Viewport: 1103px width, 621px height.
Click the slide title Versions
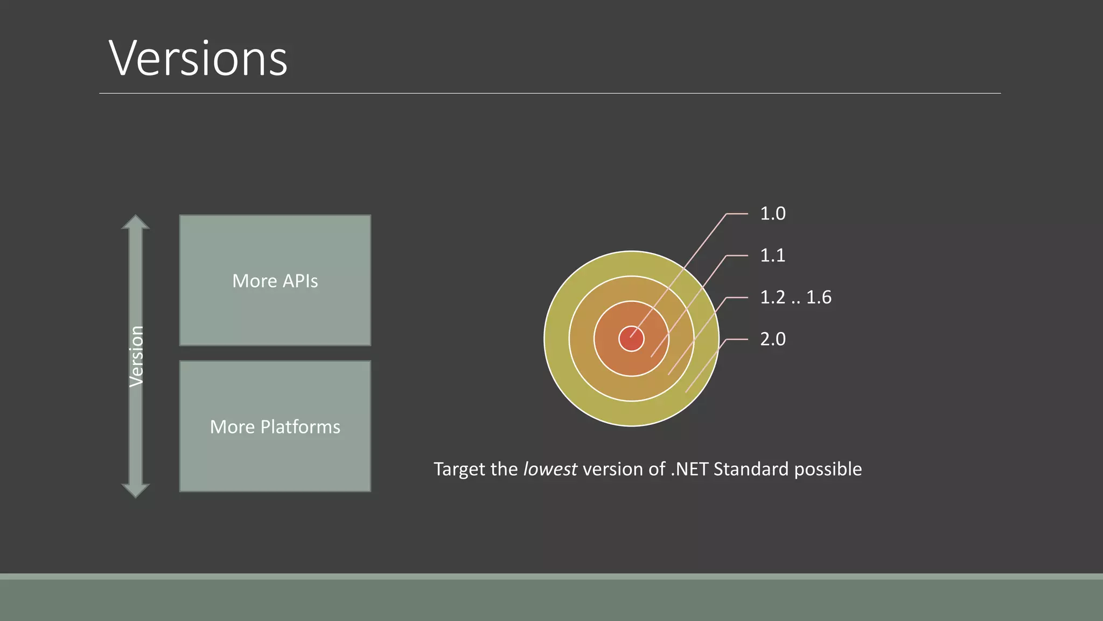click(198, 58)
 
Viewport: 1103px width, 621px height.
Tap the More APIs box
click(275, 280)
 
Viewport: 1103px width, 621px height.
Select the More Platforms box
click(275, 426)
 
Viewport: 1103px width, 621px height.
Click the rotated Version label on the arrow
click(136, 356)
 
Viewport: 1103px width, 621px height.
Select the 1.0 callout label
click(772, 213)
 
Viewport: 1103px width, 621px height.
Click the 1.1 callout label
click(772, 255)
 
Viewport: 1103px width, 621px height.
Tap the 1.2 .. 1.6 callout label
click(795, 297)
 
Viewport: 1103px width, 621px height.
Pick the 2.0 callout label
click(772, 339)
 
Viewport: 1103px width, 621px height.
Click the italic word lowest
click(550, 469)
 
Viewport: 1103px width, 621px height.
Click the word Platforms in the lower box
click(300, 427)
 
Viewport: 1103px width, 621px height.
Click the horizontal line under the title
click(549, 93)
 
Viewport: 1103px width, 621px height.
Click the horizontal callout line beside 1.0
click(737, 214)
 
